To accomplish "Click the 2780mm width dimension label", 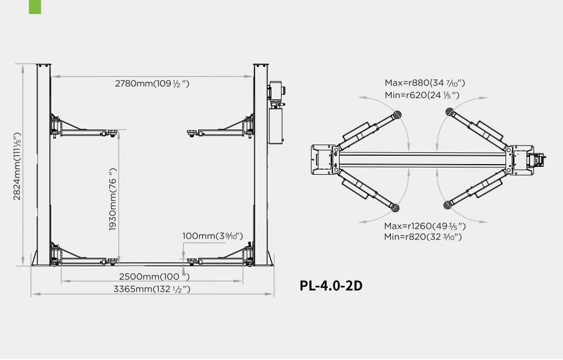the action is click(x=152, y=84).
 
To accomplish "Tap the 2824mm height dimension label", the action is click(x=17, y=166).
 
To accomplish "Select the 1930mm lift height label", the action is click(x=113, y=199).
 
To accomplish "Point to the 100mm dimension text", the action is click(x=213, y=236).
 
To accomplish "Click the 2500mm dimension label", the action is click(x=154, y=277).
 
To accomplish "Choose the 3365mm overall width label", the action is click(x=152, y=289).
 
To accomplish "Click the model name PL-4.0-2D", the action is click(x=331, y=286).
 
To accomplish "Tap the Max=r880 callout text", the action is click(x=424, y=83).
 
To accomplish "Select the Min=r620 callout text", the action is click(x=422, y=95).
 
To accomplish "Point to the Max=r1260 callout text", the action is click(x=424, y=226).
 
